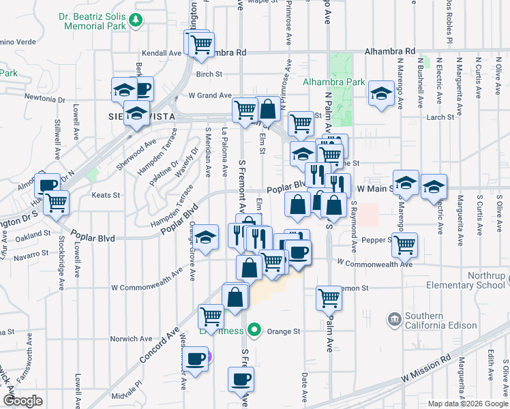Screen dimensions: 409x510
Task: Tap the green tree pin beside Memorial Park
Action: (138, 21)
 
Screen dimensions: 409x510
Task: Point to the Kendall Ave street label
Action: (160, 52)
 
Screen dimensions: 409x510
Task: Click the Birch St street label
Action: (209, 74)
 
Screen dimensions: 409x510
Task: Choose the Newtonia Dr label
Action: (44, 98)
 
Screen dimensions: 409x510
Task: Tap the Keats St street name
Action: (106, 194)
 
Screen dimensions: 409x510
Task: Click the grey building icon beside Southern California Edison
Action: (394, 319)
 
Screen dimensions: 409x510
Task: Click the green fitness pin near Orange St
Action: (254, 331)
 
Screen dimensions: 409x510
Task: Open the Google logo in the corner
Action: (22, 401)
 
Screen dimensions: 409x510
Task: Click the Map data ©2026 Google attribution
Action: (468, 404)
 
